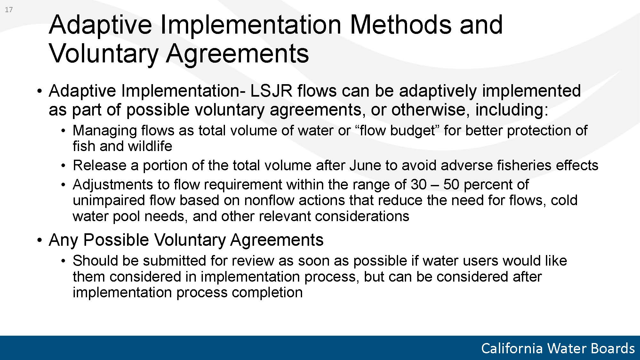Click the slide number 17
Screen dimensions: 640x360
[9, 10]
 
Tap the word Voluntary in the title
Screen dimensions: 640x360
[103, 54]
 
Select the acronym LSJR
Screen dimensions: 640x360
[271, 91]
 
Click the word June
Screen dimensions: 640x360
[364, 165]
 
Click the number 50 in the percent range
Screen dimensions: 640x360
[452, 184]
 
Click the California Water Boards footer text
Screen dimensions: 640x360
[558, 348]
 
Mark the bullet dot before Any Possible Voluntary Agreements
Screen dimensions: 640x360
[39, 240]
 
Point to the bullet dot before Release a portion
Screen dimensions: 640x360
[64, 166]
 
